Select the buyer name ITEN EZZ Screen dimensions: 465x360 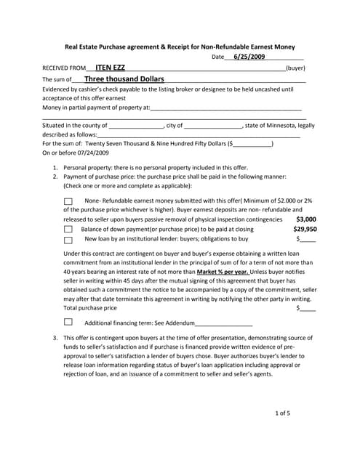click(x=110, y=67)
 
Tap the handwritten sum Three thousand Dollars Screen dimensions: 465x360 click(x=124, y=78)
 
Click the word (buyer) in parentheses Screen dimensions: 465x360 click(x=295, y=68)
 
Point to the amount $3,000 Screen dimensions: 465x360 click(x=306, y=218)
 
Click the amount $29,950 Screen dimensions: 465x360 click(x=305, y=228)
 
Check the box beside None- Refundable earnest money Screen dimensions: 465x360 click(x=68, y=201)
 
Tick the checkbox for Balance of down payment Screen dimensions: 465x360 click(x=68, y=229)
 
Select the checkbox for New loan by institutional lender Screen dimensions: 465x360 click(x=68, y=239)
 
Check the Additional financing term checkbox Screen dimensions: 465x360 click(x=68, y=322)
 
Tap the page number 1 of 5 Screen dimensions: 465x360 click(x=283, y=413)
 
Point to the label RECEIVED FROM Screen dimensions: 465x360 click(x=64, y=68)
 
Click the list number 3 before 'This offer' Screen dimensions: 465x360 click(x=55, y=338)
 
